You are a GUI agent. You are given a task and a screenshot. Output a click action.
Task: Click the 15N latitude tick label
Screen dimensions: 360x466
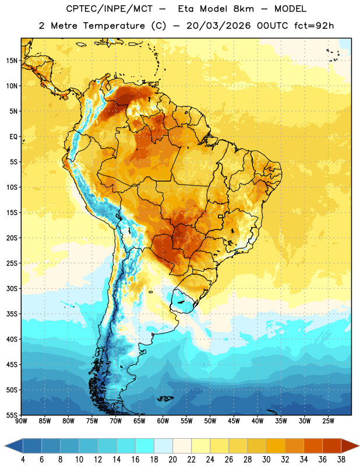[12, 61]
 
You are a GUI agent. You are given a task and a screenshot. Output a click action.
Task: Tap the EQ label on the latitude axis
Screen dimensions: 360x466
[13, 137]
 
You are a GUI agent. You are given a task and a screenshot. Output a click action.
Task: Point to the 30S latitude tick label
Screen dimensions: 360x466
[12, 288]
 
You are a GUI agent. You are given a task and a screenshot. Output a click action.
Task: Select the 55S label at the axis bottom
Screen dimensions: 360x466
[12, 415]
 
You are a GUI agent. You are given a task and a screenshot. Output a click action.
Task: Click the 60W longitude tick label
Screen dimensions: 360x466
[163, 421]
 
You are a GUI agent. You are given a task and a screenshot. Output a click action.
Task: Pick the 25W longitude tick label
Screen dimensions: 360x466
[328, 421]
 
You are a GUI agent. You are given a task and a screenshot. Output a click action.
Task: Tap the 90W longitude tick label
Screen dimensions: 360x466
[21, 421]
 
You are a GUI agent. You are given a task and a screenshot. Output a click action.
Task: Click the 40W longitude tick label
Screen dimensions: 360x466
[257, 421]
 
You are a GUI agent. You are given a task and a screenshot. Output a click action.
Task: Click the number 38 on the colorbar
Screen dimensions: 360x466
[341, 460]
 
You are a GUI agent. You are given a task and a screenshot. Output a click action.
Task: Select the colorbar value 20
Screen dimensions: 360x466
[172, 460]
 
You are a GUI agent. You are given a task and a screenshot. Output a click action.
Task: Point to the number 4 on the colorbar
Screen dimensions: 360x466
[23, 460]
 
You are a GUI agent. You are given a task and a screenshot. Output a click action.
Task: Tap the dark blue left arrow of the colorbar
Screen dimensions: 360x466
[13, 446]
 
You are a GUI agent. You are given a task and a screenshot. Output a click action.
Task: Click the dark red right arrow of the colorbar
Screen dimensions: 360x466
[351, 446]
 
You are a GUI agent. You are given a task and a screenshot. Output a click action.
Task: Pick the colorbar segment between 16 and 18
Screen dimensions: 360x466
[144, 446]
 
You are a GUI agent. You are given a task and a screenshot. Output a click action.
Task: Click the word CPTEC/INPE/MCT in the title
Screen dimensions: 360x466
[110, 9]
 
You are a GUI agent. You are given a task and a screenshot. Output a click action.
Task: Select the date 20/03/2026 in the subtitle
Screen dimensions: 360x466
[218, 26]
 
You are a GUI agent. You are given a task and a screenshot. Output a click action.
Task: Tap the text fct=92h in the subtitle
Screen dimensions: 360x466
[314, 26]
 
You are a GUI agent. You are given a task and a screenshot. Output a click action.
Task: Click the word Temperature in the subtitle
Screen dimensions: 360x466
[114, 26]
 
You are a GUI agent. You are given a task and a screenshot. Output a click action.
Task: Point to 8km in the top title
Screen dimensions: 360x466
[243, 9]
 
